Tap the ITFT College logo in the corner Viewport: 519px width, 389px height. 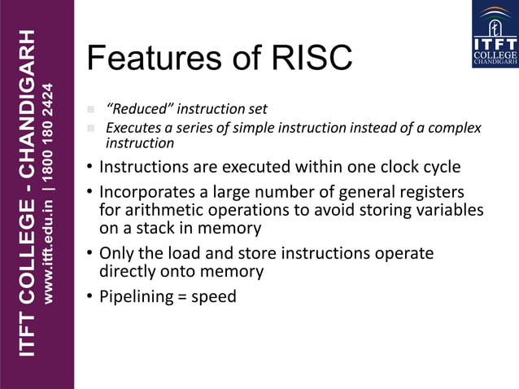(x=495, y=34)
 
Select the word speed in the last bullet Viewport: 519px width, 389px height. (x=213, y=297)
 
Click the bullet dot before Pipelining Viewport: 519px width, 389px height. (x=90, y=296)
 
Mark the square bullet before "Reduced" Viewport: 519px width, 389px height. (x=91, y=110)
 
